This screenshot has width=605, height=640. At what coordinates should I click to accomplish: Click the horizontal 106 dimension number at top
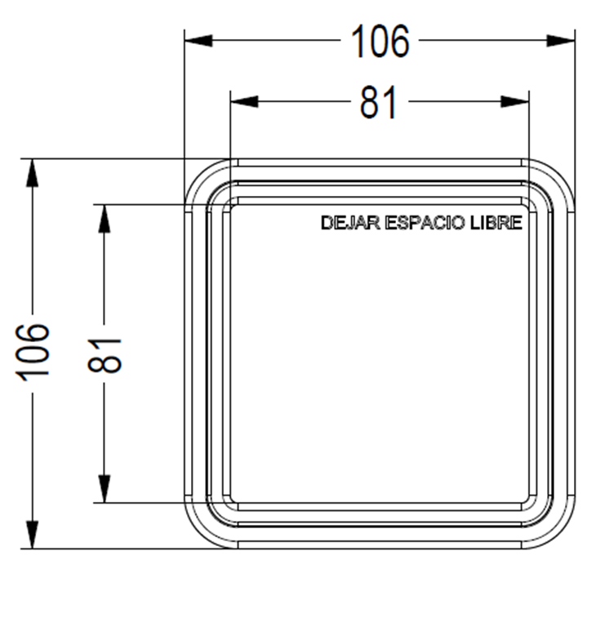(x=380, y=41)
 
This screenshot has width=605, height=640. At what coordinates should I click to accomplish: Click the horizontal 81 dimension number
(x=378, y=102)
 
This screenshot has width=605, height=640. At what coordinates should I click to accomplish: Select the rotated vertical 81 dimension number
(x=105, y=356)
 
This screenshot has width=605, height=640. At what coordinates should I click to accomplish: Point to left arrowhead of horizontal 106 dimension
(x=198, y=41)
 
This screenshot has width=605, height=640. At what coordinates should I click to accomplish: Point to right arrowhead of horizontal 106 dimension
(x=560, y=41)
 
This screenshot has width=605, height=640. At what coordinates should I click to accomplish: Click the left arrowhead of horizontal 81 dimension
(x=244, y=101)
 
